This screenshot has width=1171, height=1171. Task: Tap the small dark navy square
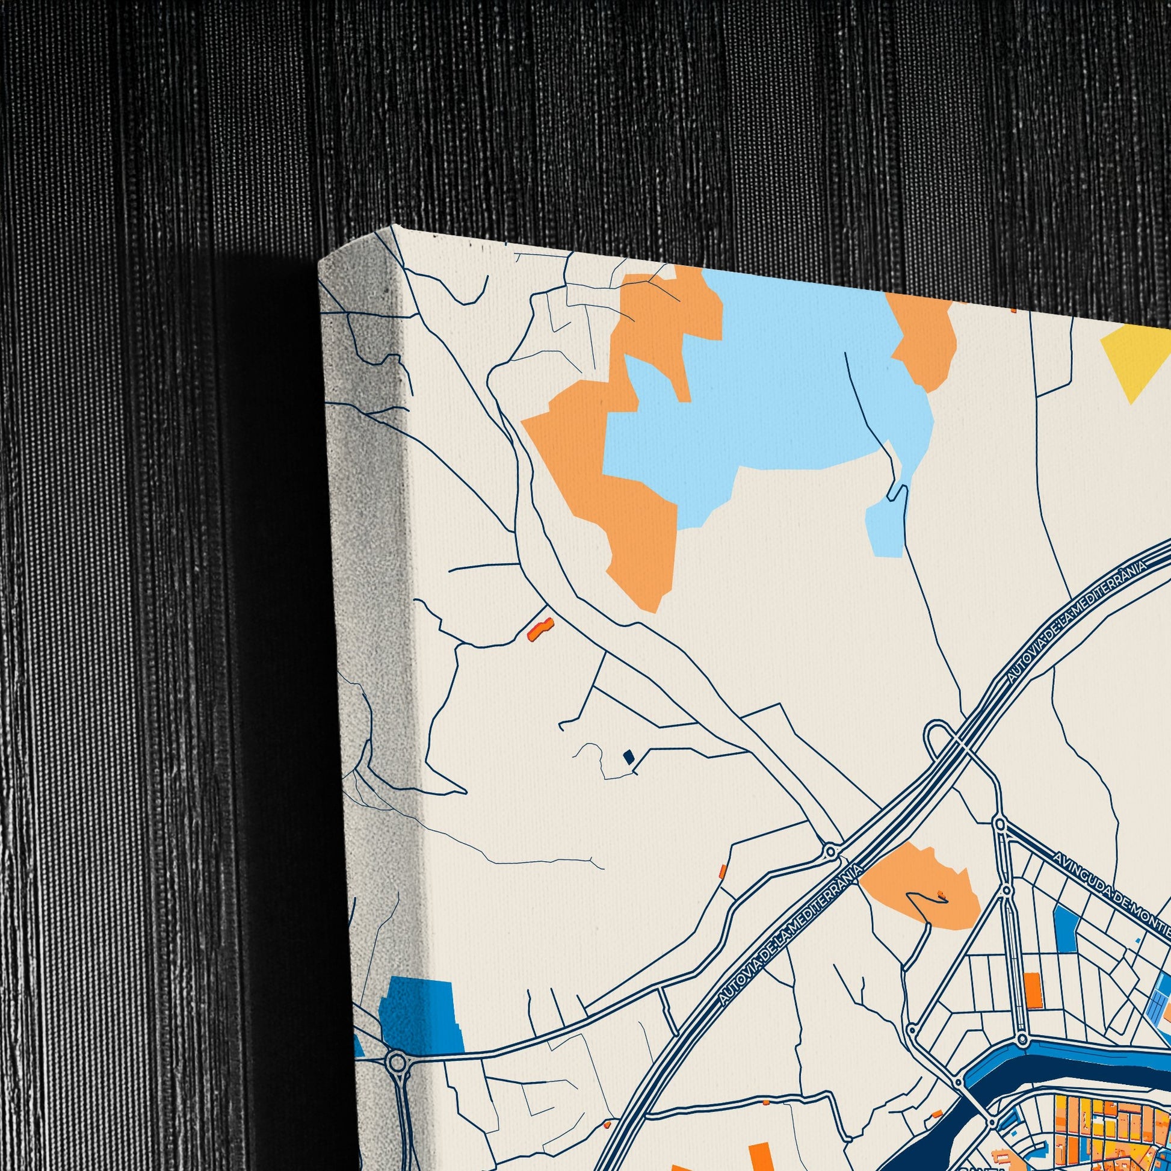(x=629, y=757)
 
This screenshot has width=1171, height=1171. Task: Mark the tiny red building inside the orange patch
(x=941, y=894)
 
